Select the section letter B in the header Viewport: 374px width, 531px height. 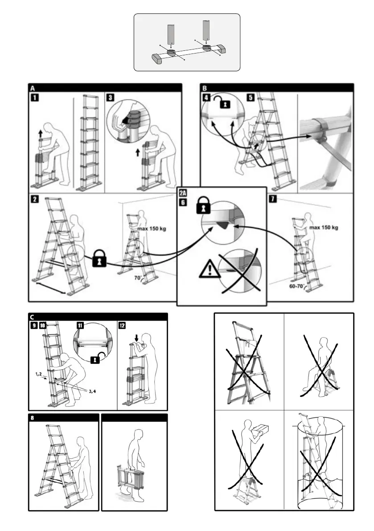point(205,88)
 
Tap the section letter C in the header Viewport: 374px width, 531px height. point(33,317)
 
